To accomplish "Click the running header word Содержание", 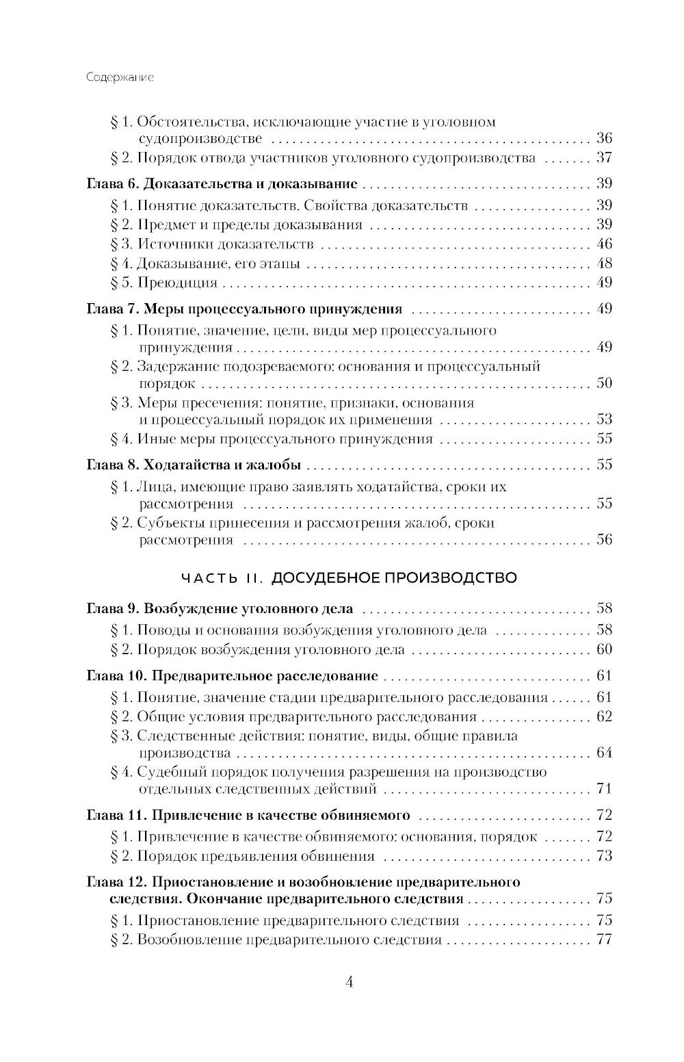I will point(120,77).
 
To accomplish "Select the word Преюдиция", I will point(177,283).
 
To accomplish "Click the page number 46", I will point(604,244).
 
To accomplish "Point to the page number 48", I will point(604,263).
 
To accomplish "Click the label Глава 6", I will point(113,184).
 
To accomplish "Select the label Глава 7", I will point(113,309).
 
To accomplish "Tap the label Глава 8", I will point(113,465).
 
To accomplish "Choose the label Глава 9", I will point(113,608).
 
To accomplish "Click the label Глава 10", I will point(116,676).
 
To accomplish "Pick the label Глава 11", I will point(116,815).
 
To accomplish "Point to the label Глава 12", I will point(116,882).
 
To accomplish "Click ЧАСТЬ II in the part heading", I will point(222,578).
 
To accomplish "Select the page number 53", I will point(604,419).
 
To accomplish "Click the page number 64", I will point(604,753).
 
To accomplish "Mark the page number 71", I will point(604,789).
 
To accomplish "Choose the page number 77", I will point(604,940).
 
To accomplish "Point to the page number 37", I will point(604,158).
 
